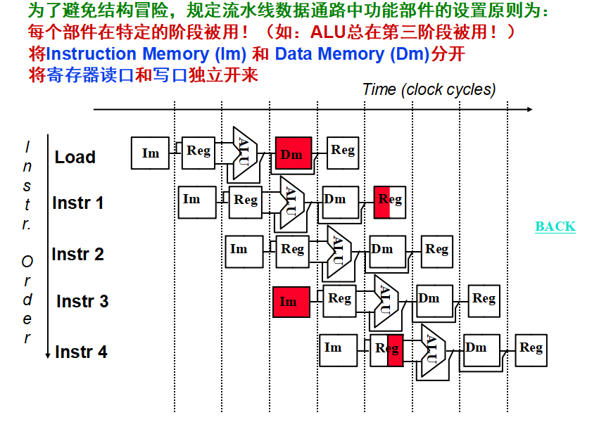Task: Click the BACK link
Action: [555, 226]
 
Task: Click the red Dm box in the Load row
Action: [293, 153]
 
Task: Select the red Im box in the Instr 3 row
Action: [291, 301]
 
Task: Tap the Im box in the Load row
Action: [151, 153]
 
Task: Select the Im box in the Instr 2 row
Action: [244, 251]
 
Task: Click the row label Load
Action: [75, 157]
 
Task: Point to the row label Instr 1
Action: [77, 203]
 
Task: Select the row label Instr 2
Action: [77, 254]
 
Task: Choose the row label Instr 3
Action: [82, 302]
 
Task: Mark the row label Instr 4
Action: [81, 352]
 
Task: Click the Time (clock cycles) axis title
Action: [429, 89]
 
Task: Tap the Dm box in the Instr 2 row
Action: [387, 251]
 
